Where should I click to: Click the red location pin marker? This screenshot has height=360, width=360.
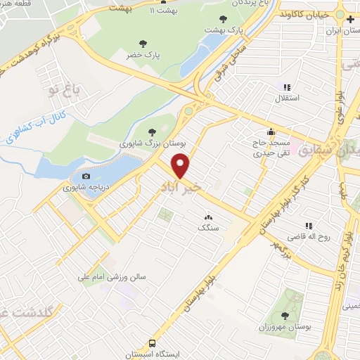pyautogui.click(x=181, y=166)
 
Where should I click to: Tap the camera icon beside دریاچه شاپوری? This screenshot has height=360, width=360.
pyautogui.click(x=86, y=176)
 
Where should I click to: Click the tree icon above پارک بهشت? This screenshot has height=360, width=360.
pyautogui.click(x=224, y=19)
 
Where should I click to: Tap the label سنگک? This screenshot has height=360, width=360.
pyautogui.click(x=207, y=228)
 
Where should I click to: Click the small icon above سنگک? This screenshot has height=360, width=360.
pyautogui.click(x=207, y=218)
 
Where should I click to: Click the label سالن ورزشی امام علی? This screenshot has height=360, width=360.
pyautogui.click(x=110, y=276)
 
